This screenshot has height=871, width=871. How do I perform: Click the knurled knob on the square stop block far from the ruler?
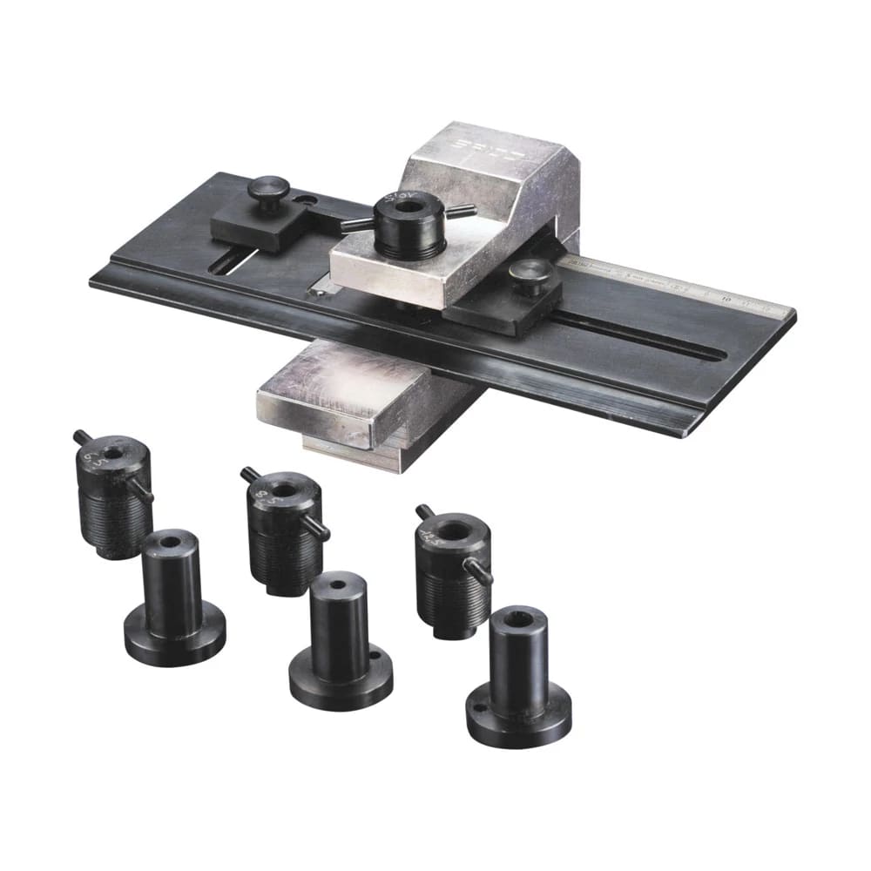point(269,188)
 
